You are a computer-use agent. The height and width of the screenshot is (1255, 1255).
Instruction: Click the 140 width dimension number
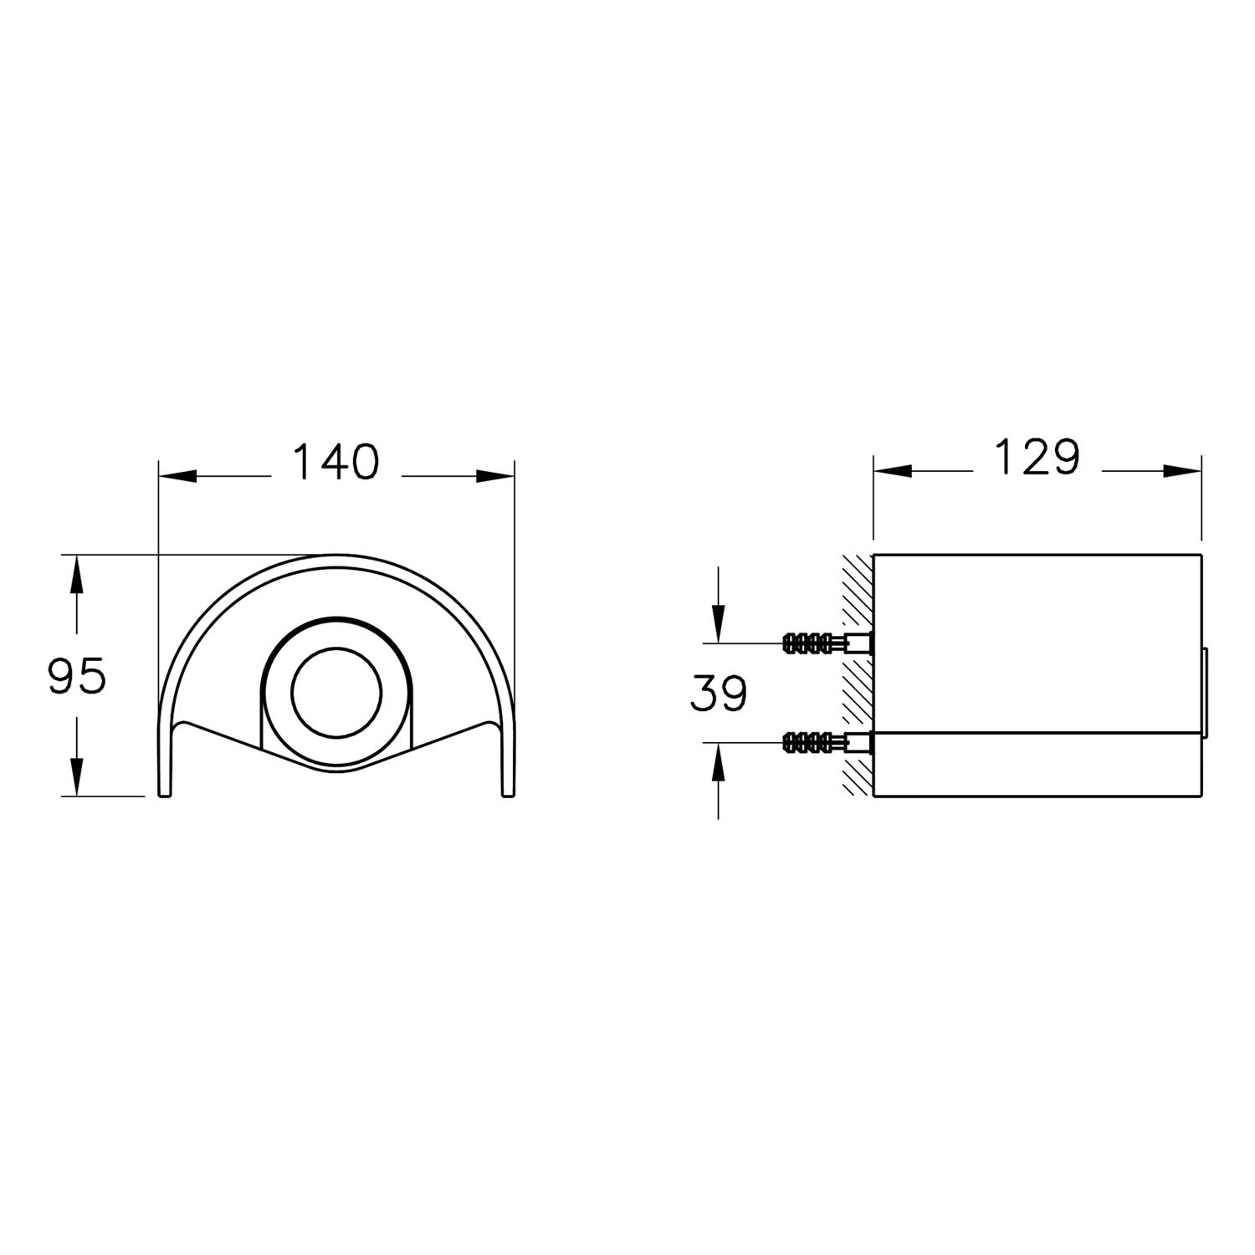336,462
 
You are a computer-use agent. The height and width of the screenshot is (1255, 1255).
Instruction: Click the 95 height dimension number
77,676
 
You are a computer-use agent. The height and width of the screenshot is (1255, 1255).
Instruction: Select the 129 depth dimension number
1037,457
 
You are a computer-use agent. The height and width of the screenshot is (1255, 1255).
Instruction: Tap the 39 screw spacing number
719,693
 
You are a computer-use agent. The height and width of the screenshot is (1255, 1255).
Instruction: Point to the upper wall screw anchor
827,643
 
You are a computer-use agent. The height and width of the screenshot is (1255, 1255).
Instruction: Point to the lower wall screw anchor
827,741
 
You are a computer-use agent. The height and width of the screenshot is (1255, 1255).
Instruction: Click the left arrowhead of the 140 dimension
177,476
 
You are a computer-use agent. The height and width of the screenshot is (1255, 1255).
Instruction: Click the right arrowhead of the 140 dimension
495,476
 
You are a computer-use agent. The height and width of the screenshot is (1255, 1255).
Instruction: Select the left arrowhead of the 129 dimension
892,471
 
